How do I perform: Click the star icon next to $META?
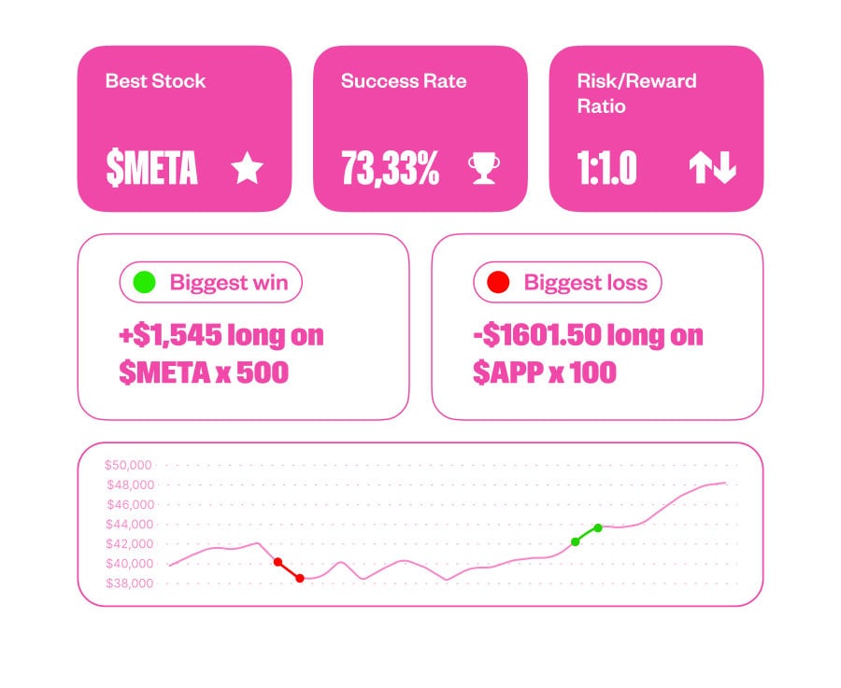tap(248, 169)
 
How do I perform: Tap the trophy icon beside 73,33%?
tap(483, 169)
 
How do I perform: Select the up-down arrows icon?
tap(713, 169)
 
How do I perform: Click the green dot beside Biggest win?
tap(144, 282)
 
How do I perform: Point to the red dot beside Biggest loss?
tap(498, 282)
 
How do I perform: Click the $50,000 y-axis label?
tap(129, 465)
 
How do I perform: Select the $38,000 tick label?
tap(129, 583)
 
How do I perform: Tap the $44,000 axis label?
tap(129, 525)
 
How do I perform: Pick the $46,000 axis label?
tap(129, 505)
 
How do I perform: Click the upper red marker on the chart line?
tap(278, 562)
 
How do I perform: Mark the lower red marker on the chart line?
tap(300, 579)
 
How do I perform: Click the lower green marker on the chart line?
tap(576, 541)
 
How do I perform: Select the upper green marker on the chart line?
tap(598, 527)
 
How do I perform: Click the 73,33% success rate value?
tap(390, 169)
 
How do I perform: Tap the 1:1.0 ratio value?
tap(606, 169)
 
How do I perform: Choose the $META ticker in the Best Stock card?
tap(151, 169)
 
